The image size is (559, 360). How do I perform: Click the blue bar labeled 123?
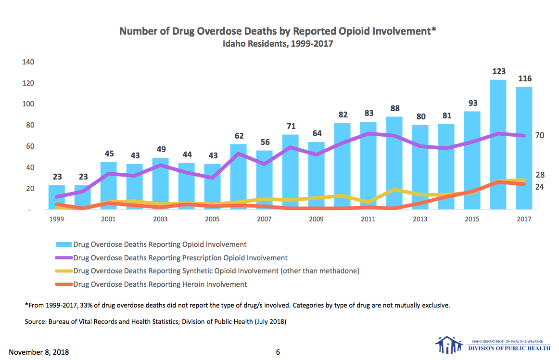(498, 144)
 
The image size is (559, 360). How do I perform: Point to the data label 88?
(394, 108)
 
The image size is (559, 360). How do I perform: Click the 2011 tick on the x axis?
(368, 219)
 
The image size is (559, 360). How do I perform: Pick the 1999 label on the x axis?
(56, 219)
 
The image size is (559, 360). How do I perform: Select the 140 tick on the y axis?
(27, 62)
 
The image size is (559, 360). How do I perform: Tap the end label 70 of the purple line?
(539, 136)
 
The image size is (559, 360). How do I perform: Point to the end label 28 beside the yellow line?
(539, 175)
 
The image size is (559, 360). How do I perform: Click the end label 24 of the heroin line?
(539, 187)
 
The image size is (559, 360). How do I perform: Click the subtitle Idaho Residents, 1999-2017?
(278, 44)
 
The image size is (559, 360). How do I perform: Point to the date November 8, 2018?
(39, 352)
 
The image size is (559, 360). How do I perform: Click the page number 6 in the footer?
(278, 352)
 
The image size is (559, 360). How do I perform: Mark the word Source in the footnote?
(36, 321)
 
